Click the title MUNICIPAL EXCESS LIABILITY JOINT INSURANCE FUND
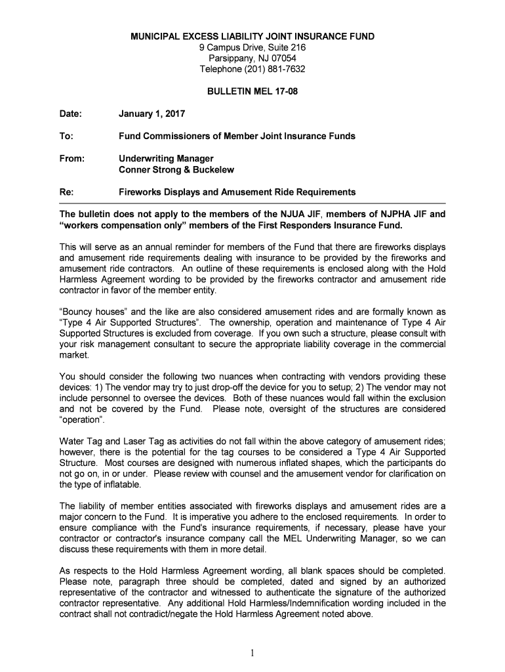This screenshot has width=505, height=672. click(253, 37)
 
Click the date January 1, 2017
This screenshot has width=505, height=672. click(151, 114)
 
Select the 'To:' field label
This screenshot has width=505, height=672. click(66, 136)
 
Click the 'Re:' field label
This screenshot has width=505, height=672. click(66, 192)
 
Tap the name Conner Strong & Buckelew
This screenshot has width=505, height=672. click(176, 170)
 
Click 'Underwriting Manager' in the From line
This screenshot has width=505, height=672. click(166, 159)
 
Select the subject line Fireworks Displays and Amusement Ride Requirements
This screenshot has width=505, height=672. click(237, 192)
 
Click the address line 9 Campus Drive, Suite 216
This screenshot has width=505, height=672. click(253, 48)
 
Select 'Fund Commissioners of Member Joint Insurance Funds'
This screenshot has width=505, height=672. click(237, 136)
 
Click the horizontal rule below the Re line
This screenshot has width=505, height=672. click(253, 204)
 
